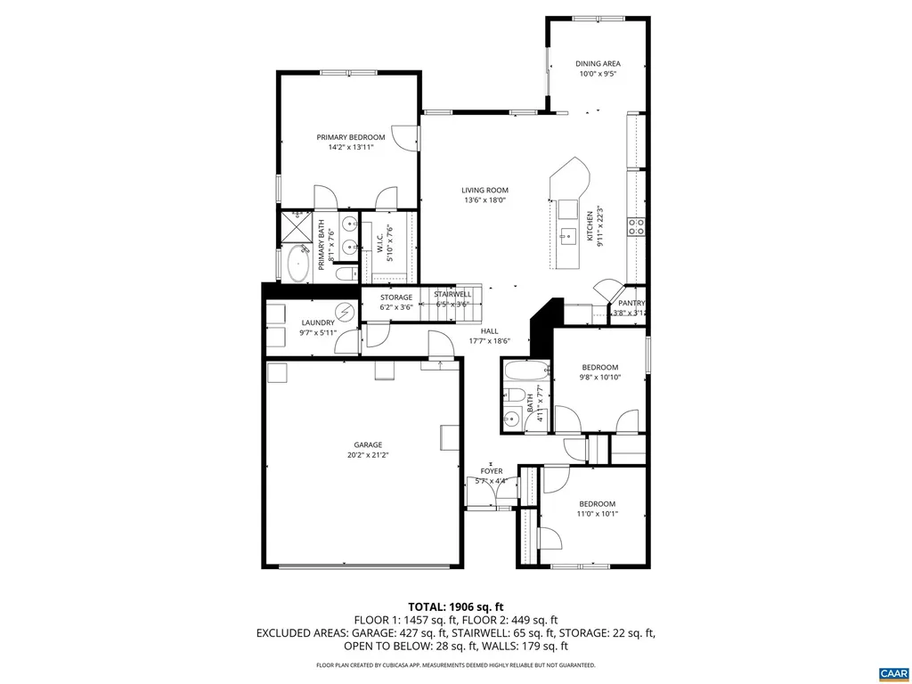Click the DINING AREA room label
598,63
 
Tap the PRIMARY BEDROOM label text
351,137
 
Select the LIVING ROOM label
484,190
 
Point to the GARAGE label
368,444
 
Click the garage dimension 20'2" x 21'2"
368,455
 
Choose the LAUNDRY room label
318,322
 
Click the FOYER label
492,471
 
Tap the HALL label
489,330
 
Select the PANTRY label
631,303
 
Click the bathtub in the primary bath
297,265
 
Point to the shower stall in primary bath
296,224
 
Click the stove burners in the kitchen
637,226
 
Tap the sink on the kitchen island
568,236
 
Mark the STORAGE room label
396,297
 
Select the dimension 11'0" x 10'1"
598,513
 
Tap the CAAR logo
892,671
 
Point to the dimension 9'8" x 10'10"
600,377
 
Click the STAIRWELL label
452,294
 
